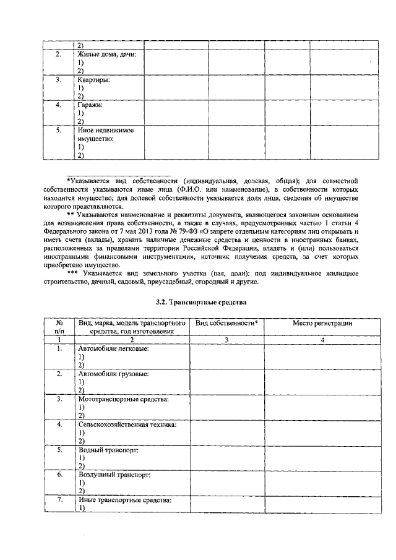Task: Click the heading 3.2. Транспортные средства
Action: pos(201,303)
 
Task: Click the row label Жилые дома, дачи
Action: pos(106,54)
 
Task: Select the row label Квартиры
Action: pos(93,80)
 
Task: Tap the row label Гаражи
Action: pos(90,105)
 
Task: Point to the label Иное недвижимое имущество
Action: pos(105,135)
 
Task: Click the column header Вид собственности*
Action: pos(226,323)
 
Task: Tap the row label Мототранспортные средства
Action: pos(123,399)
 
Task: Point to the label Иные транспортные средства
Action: pos(124,499)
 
